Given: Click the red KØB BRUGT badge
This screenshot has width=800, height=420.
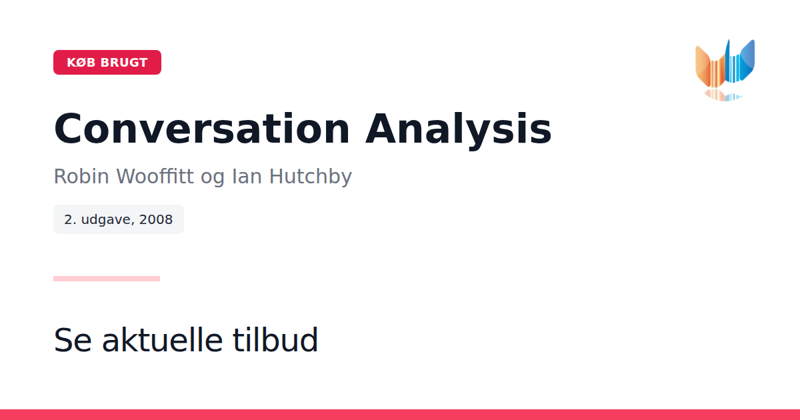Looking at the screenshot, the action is pyautogui.click(x=107, y=63).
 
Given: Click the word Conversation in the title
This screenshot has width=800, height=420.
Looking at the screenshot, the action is pyautogui.click(x=202, y=129).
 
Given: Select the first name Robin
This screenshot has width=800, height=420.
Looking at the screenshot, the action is pyautogui.click(x=81, y=176).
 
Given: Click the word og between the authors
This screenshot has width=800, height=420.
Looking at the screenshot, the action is pyautogui.click(x=213, y=179).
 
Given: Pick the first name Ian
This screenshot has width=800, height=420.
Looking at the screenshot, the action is pyautogui.click(x=247, y=176).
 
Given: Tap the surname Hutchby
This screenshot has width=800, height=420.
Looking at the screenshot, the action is pyautogui.click(x=311, y=176).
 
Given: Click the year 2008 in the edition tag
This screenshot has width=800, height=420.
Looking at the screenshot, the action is pyautogui.click(x=156, y=219).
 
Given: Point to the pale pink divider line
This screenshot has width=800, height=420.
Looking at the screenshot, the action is pyautogui.click(x=107, y=279).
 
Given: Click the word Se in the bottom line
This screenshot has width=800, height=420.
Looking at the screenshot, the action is pyautogui.click(x=73, y=340).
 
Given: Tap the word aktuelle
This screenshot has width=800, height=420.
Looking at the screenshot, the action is pyautogui.click(x=163, y=339).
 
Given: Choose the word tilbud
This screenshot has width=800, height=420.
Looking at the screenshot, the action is pyautogui.click(x=275, y=339).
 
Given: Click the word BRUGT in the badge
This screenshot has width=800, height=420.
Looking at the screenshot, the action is pyautogui.click(x=124, y=63).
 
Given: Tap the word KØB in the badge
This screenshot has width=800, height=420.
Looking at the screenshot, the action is pyautogui.click(x=81, y=63).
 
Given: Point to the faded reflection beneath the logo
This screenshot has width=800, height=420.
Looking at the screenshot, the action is pyautogui.click(x=723, y=95).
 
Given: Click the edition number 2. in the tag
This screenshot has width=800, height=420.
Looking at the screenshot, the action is pyautogui.click(x=71, y=219).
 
